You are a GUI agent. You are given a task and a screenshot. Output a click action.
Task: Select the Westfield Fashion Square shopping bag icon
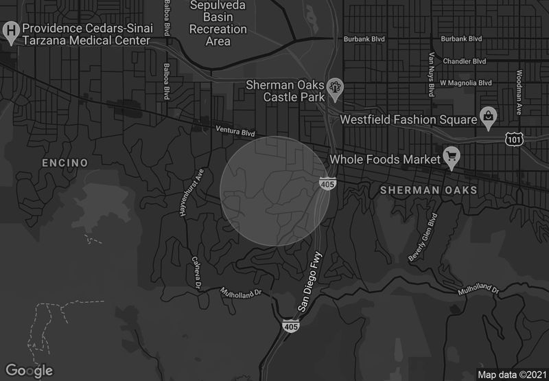click(x=488, y=116)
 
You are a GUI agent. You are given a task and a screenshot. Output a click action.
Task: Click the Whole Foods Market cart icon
click(x=452, y=157)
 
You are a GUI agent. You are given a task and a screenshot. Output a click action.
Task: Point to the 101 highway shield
click(x=514, y=139)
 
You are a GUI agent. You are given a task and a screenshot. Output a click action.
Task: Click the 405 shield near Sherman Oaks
click(x=327, y=184)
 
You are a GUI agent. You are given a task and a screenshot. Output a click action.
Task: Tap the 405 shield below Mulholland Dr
click(x=290, y=326)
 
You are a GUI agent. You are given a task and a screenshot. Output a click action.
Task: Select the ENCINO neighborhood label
click(x=65, y=163)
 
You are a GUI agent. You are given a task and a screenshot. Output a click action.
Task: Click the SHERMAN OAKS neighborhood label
click(x=428, y=189)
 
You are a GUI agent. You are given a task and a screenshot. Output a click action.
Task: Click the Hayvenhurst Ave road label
click(x=191, y=194)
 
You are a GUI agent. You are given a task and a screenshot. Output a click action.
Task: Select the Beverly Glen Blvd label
click(x=423, y=238)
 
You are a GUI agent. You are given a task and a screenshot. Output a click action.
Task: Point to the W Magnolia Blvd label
click(x=466, y=82)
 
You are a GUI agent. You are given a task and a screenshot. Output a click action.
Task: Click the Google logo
click(x=30, y=371)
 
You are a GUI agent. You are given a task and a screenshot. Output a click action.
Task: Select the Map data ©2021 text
click(x=512, y=374)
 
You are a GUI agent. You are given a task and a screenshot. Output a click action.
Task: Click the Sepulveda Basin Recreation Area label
click(x=218, y=24)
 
